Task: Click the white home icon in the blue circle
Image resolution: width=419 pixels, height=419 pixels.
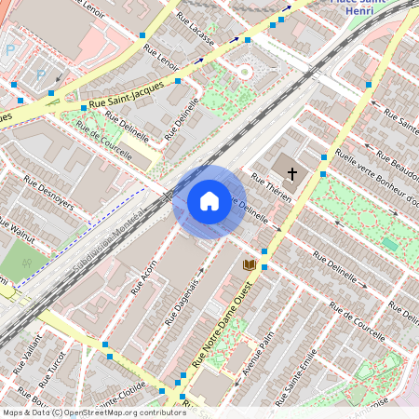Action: (209, 201)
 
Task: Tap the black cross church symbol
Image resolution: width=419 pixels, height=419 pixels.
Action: (291, 173)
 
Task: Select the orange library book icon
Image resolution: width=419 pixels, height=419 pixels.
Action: (249, 265)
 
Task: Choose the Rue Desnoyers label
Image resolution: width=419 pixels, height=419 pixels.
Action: (48, 193)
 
